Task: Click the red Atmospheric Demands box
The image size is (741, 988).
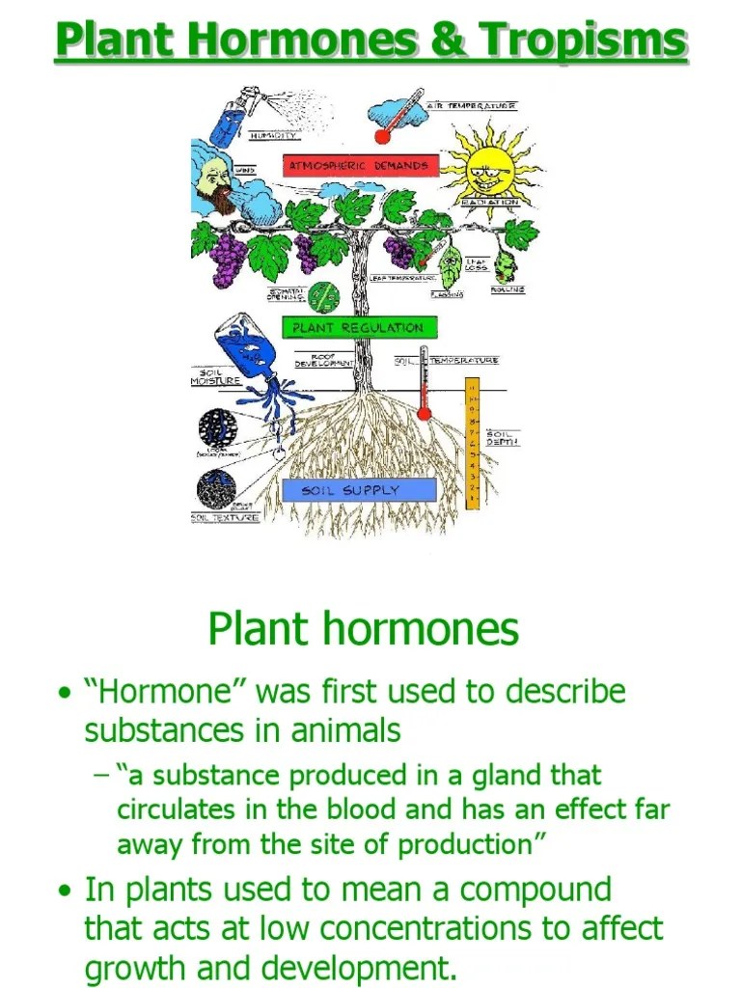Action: point(359,166)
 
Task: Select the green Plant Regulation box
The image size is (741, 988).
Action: point(358,328)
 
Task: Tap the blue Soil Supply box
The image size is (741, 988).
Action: point(359,490)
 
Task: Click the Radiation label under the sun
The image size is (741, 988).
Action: point(492,203)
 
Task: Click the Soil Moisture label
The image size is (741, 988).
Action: point(214,376)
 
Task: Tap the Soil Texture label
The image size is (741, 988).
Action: point(225,518)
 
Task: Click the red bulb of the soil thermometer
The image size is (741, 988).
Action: point(423,414)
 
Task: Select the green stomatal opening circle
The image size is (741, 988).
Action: point(325,294)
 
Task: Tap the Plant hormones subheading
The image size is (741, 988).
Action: point(363,629)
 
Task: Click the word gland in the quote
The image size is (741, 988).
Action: point(506,775)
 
